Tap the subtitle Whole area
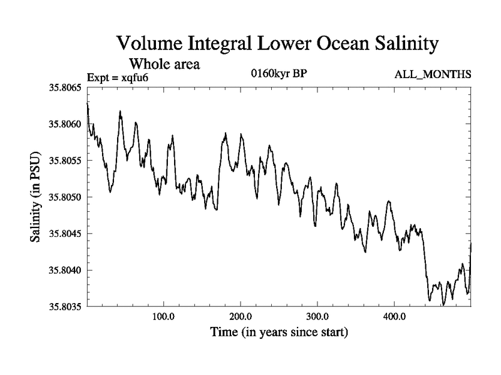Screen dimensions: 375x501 165,64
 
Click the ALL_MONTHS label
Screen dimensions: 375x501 433,75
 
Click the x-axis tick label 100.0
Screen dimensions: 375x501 163,316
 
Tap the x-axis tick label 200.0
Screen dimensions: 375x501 240,316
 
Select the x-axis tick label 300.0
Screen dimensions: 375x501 318,316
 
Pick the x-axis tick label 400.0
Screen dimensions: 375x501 394,316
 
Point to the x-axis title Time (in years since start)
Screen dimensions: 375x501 279,331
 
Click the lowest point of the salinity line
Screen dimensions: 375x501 443,305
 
